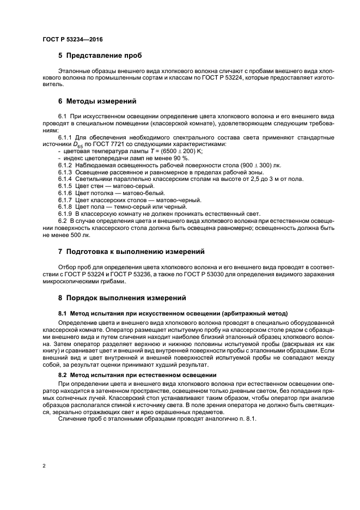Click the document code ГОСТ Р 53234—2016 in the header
click(72, 40)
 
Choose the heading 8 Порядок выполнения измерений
click(122, 298)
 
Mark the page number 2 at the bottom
click(44, 466)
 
